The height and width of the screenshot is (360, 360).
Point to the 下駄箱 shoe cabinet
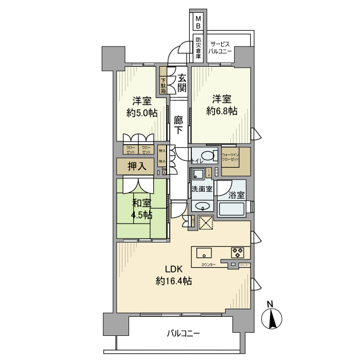163,84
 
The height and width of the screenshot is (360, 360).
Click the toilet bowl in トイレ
208,156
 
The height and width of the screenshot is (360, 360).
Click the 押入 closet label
137,166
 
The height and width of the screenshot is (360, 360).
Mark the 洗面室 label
202,189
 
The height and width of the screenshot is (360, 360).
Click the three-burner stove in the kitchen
238,253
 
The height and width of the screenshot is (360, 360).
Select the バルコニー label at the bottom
183,334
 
